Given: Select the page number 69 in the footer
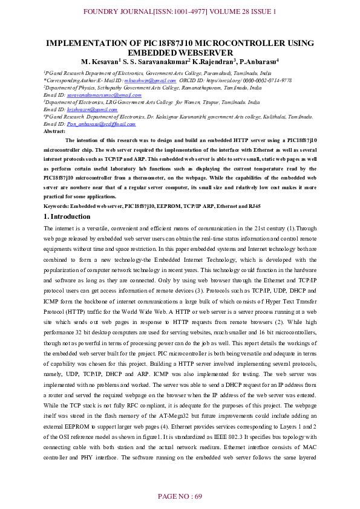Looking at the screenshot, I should point(197,496).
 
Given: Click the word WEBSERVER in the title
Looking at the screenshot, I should point(180,53).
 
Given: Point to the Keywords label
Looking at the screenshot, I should point(57,207).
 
